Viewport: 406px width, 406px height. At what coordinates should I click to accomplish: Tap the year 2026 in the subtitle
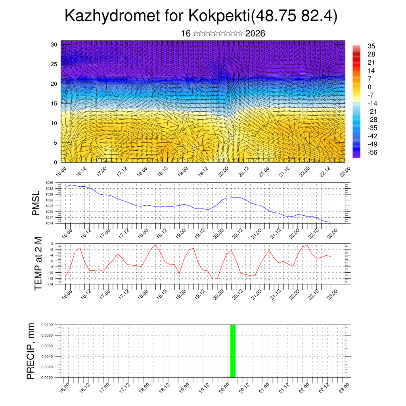(255, 34)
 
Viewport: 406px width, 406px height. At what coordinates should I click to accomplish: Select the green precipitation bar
(233, 351)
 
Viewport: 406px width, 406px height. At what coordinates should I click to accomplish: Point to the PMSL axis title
(36, 203)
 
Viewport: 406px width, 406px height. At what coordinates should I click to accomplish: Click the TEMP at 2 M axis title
(38, 264)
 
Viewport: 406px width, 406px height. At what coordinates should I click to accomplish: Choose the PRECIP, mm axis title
(31, 351)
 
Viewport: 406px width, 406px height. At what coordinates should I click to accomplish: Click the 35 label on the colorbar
(372, 46)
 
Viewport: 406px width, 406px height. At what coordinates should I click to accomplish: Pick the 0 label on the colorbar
(370, 87)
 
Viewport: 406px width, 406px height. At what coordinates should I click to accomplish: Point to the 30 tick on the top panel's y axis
(54, 44)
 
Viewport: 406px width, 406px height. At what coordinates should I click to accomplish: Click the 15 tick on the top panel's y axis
(54, 103)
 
